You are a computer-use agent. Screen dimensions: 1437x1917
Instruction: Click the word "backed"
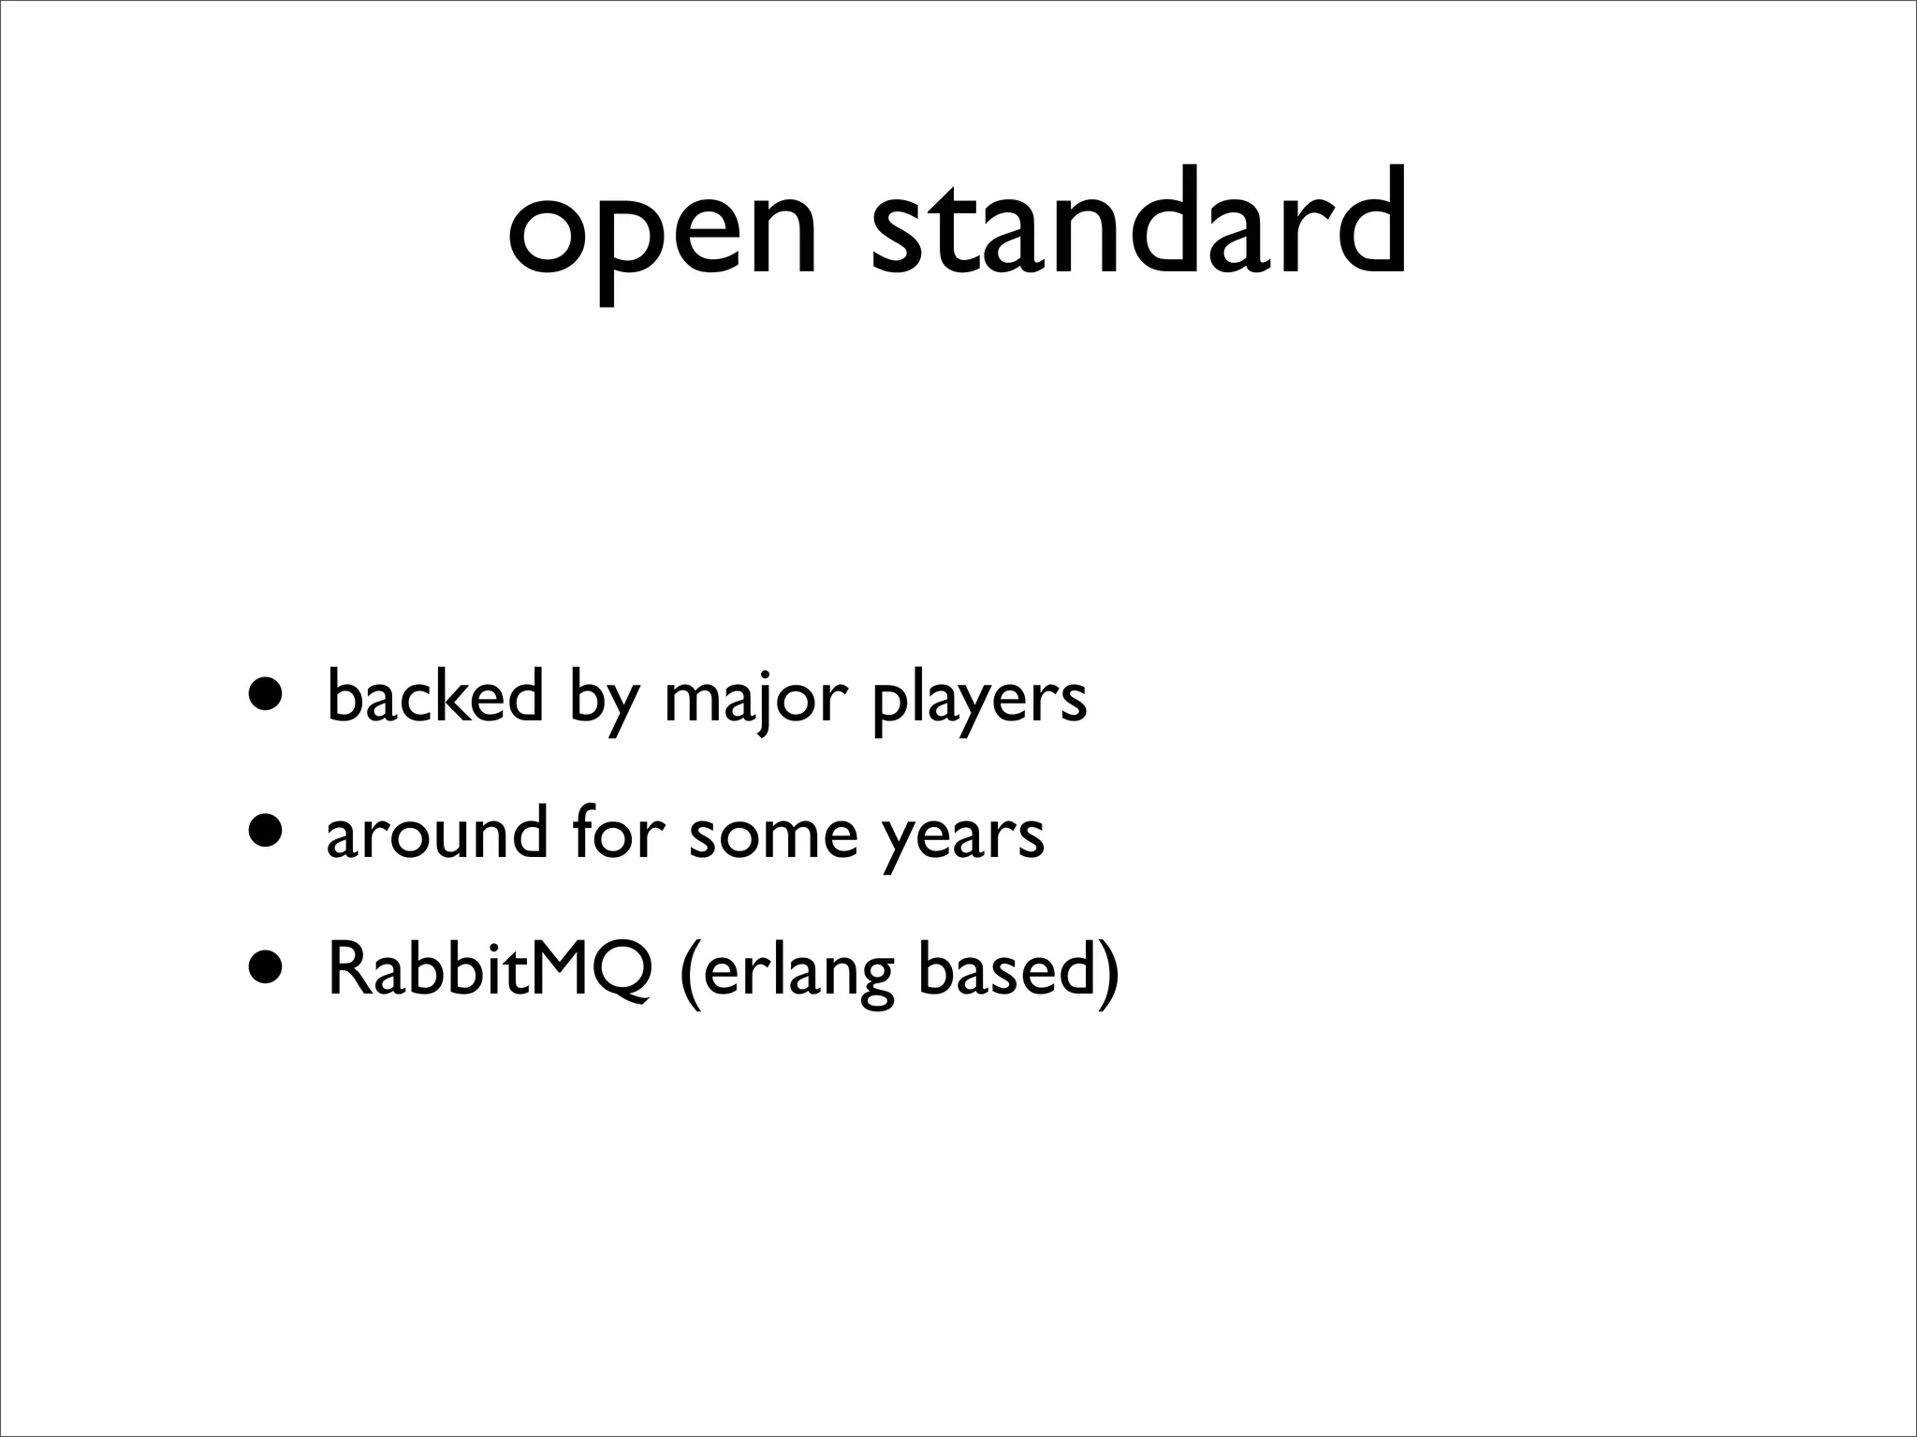pyautogui.click(x=434, y=696)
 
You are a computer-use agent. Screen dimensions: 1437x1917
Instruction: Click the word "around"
pyautogui.click(x=436, y=833)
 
